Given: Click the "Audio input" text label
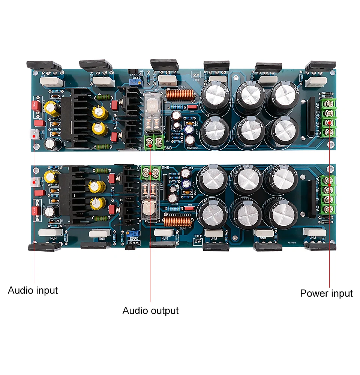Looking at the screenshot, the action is coord(33,290).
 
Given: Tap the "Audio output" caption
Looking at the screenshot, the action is coord(150,310).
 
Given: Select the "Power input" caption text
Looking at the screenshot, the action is coord(326,293).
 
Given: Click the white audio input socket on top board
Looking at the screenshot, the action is coord(34,133).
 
